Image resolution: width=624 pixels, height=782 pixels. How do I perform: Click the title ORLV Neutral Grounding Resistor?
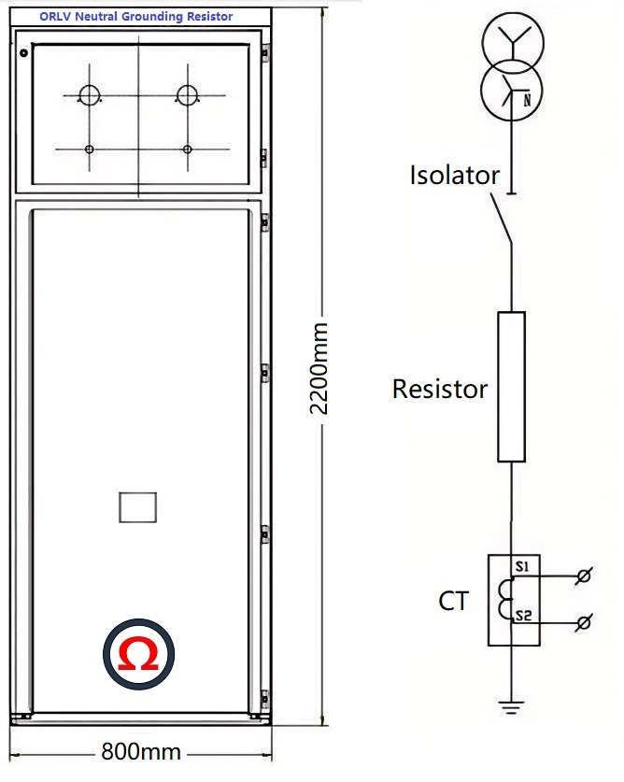point(136,16)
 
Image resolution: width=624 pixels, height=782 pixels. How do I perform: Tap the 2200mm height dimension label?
point(319,368)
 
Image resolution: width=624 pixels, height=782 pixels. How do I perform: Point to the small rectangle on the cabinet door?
point(138,506)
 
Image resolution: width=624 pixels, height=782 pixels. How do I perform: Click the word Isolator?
point(454,175)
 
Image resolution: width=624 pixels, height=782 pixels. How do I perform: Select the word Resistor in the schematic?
point(440,389)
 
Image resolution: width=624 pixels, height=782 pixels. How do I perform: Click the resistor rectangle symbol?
point(511,387)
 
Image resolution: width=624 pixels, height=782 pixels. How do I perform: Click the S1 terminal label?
point(522,567)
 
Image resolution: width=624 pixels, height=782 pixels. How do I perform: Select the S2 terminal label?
point(523,615)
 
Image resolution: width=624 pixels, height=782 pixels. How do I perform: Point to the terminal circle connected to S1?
point(585,576)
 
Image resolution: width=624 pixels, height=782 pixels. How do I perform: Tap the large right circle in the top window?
point(188,95)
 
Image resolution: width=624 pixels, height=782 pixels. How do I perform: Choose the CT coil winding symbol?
point(504,600)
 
